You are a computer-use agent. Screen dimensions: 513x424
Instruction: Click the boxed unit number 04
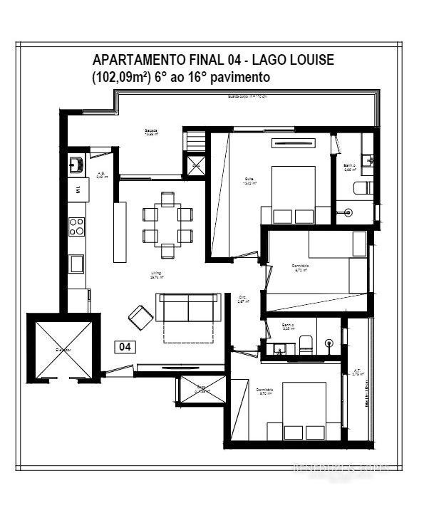point(125,347)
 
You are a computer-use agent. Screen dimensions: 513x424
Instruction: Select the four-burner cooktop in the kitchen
point(76,227)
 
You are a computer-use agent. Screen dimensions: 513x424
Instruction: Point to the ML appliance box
point(78,189)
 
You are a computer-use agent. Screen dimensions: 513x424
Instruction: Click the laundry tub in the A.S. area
point(77,165)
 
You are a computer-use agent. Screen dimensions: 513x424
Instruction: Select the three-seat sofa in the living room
point(187,308)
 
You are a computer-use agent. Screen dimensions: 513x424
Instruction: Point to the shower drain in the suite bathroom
point(348,211)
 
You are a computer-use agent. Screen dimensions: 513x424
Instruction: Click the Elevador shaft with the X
point(60,348)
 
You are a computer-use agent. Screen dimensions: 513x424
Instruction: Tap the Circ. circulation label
point(242,299)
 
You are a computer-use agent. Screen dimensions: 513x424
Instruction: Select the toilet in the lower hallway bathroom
point(304,345)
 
